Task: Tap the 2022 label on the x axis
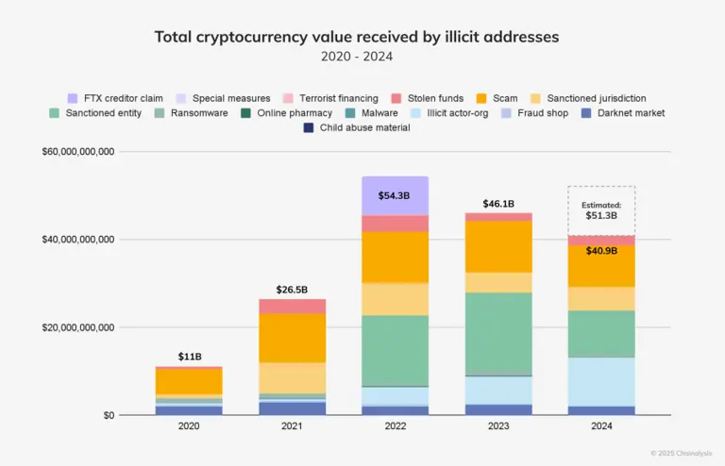(x=395, y=427)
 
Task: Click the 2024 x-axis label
(x=601, y=427)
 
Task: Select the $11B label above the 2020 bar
(x=189, y=357)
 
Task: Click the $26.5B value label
(x=292, y=289)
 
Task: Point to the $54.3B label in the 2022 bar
(x=395, y=195)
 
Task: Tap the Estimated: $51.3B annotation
(x=601, y=209)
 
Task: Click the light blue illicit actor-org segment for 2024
(x=601, y=381)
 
